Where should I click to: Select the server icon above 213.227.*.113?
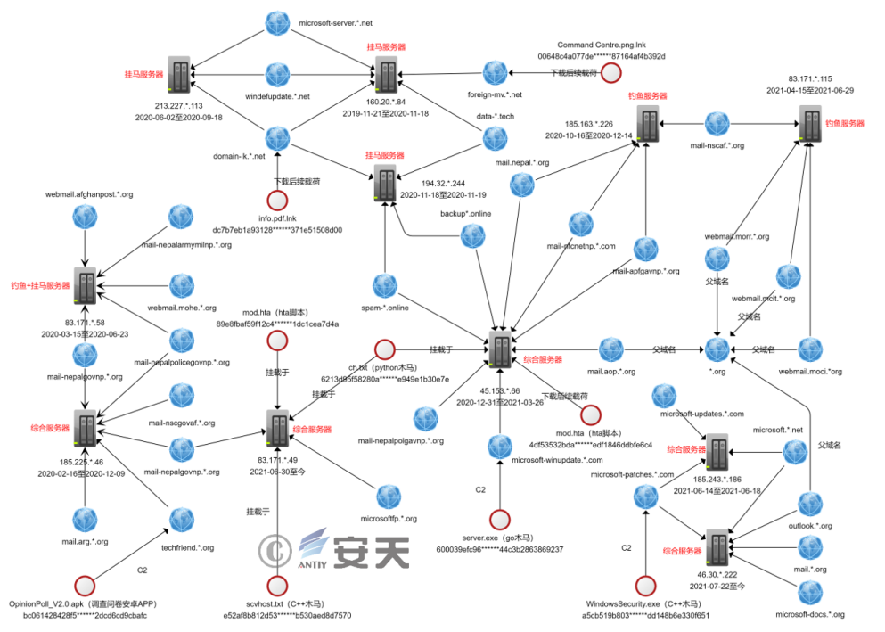point(179,76)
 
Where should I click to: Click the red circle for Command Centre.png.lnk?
point(610,73)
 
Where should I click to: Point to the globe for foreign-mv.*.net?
point(496,73)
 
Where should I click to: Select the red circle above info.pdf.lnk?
point(277,201)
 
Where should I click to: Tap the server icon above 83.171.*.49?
point(277,427)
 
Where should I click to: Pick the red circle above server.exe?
point(500,519)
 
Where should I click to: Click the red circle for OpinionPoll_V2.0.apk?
point(86,585)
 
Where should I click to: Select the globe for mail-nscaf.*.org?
point(717,123)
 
